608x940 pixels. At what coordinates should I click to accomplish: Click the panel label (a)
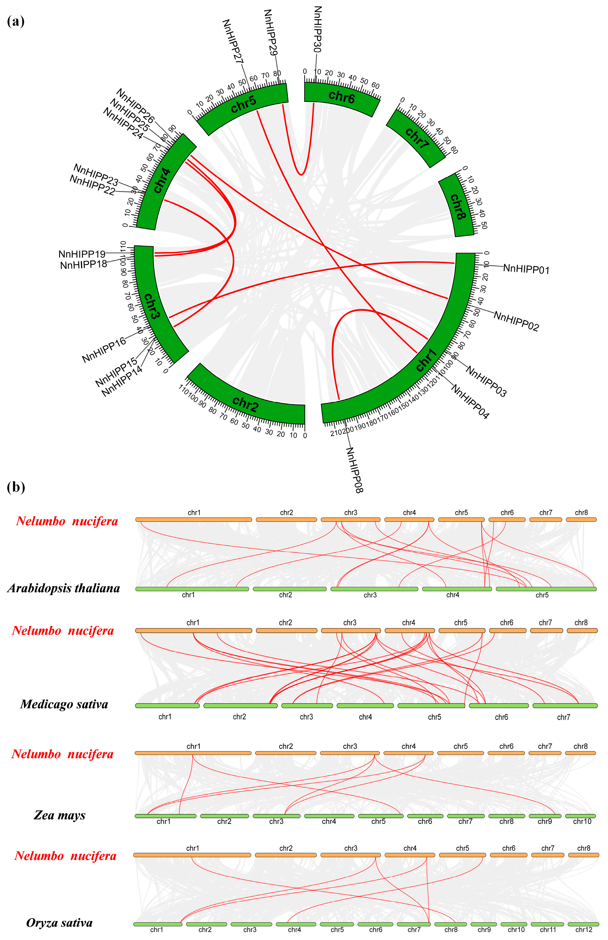(16, 21)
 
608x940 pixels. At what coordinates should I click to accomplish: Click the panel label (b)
(16, 487)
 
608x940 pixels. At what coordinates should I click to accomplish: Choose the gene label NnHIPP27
(233, 41)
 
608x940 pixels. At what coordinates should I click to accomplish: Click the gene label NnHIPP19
(82, 254)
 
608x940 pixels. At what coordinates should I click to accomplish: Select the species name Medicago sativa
(64, 704)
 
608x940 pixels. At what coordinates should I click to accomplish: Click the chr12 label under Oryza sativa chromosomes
(584, 930)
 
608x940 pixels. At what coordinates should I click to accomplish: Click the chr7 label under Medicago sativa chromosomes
(563, 717)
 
